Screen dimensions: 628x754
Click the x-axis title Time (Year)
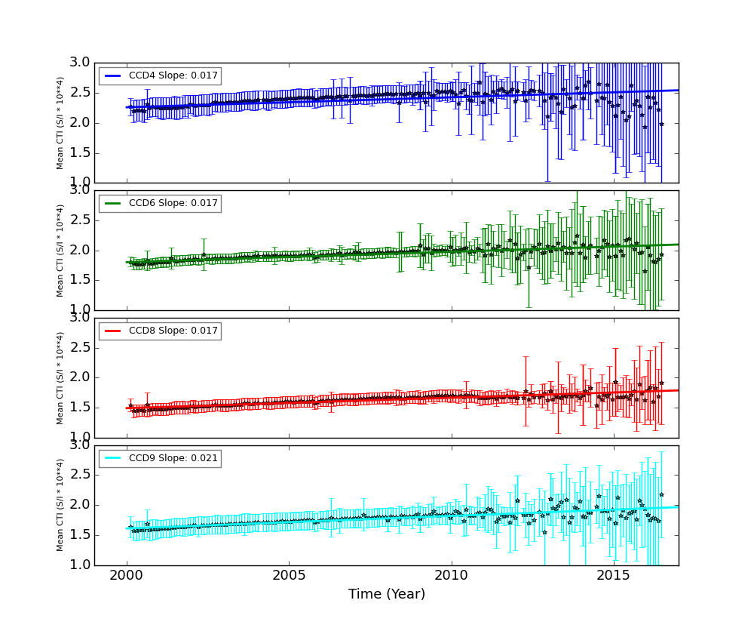tap(386, 595)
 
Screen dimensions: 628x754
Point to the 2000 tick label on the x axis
tap(126, 575)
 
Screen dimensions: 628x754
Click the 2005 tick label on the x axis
tap(289, 575)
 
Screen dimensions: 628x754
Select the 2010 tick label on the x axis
tap(451, 575)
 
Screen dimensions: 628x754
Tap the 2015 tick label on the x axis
tap(614, 575)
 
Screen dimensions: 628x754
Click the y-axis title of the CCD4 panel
tap(60, 122)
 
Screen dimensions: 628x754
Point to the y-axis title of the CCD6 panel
tap(60, 250)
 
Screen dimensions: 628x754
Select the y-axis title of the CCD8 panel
tap(60, 377)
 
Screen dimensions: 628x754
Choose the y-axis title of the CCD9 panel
tap(60, 505)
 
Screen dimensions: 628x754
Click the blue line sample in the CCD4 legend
tap(113, 76)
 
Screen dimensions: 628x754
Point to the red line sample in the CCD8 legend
tap(113, 331)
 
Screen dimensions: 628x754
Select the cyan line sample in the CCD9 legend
tap(113, 459)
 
